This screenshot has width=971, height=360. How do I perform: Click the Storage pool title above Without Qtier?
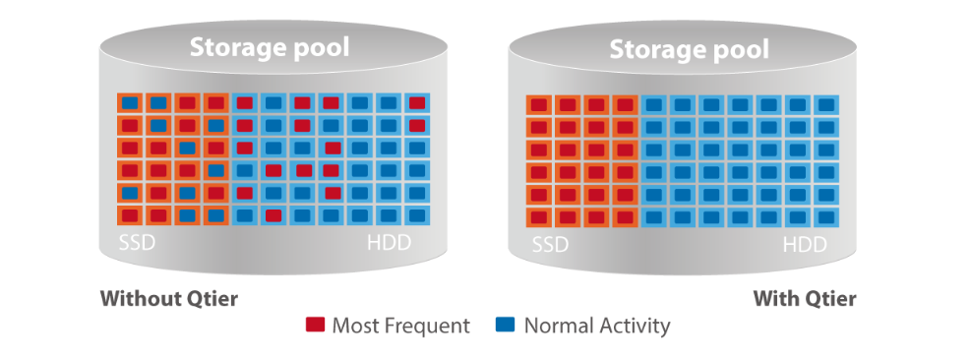270,48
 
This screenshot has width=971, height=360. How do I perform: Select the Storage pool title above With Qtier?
690,50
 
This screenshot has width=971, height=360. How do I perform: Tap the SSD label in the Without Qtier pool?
137,242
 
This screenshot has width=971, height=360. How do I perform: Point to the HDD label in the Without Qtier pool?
389,242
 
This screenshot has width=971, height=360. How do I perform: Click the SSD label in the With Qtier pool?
551,245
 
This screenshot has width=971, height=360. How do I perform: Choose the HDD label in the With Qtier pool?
805,245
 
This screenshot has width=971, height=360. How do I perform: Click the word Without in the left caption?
141,299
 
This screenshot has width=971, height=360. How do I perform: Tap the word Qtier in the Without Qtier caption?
212,300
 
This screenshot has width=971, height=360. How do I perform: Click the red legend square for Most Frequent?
315,325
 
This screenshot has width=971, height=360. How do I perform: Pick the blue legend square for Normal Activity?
506,325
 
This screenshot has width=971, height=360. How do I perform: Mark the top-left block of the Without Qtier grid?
130,103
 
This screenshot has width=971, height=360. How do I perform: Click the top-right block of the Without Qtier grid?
417,103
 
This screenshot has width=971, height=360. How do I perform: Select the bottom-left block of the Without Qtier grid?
130,215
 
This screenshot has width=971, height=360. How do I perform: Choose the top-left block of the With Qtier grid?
539,104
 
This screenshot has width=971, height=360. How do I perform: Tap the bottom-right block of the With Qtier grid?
826,217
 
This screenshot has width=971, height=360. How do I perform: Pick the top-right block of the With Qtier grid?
826,104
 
